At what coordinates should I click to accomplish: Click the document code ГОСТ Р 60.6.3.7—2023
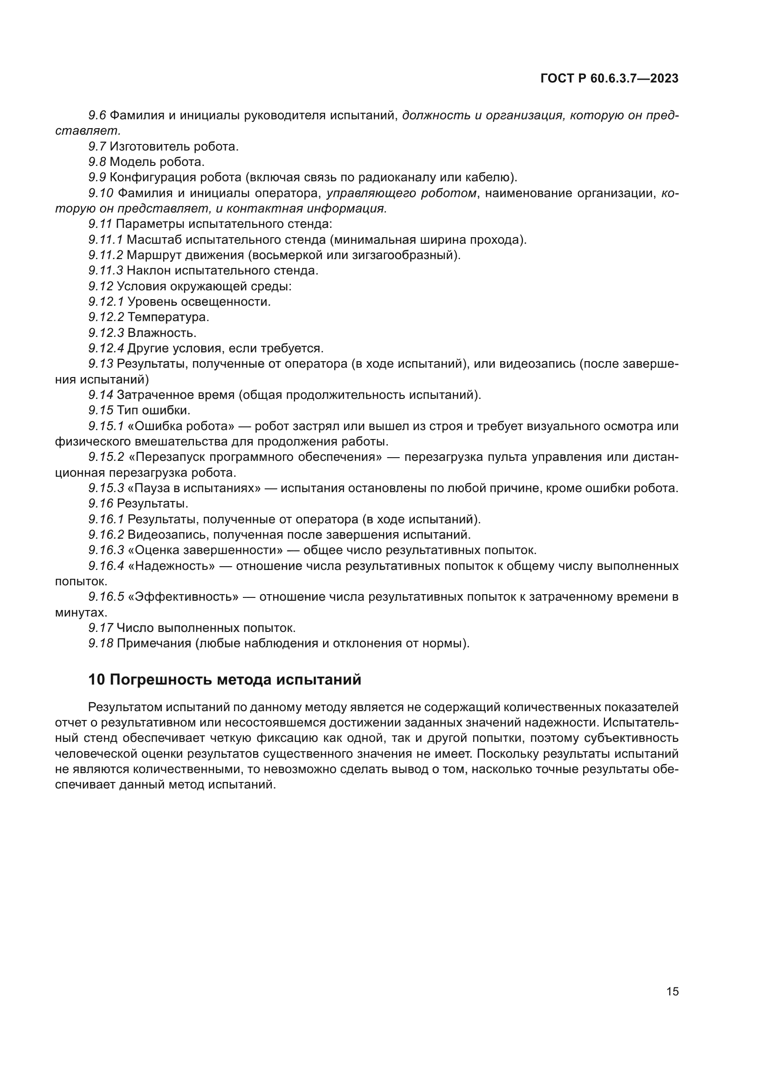[x=610, y=78]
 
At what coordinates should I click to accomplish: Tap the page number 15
[x=672, y=992]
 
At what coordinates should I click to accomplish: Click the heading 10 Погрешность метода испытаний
[x=225, y=680]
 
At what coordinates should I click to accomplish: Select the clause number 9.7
[x=97, y=147]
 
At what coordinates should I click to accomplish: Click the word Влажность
[x=161, y=333]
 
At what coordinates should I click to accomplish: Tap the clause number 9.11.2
[x=105, y=255]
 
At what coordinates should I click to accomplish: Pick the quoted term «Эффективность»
[x=183, y=597]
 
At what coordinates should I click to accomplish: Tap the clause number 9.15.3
[x=105, y=488]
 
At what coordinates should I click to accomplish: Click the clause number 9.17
[x=101, y=628]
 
